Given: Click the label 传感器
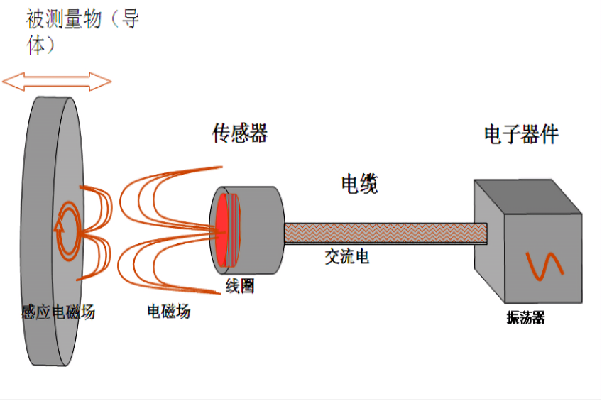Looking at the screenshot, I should point(240,133).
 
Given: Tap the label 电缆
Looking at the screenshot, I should point(359,184).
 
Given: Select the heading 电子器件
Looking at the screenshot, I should point(521,134).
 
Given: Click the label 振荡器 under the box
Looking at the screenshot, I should point(525,318).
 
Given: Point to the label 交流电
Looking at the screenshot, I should point(347,257).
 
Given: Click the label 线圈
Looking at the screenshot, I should point(240,286).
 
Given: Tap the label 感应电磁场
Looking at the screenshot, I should point(58,312).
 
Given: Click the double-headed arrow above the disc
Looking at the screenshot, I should point(57,82).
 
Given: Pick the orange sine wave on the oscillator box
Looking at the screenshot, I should point(544,265).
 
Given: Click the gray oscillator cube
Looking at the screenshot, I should point(522,248).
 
